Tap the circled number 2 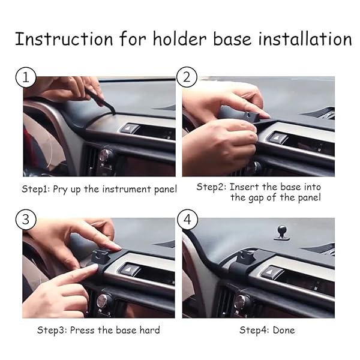pos(187,78)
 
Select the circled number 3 pos(25,220)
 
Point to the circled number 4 pos(187,220)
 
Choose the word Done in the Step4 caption pos(283,330)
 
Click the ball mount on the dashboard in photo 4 pos(281,231)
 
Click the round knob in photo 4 pos(242,301)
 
